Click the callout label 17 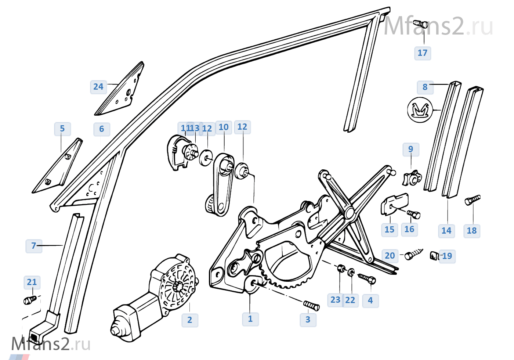[x=422, y=53]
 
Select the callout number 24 [x=98, y=87]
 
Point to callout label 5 [x=62, y=129]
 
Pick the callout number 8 [x=425, y=87]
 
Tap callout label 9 [x=410, y=149]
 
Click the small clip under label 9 [x=411, y=179]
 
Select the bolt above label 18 [x=473, y=200]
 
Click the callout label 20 [x=390, y=255]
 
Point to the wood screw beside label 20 [x=413, y=254]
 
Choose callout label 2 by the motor [x=189, y=320]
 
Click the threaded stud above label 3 [x=311, y=305]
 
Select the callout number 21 [x=32, y=282]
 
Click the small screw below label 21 [x=30, y=300]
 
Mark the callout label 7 [x=33, y=245]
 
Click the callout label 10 [x=223, y=127]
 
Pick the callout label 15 [x=389, y=230]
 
